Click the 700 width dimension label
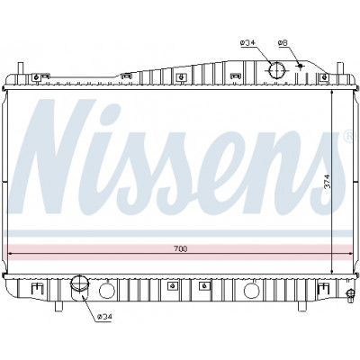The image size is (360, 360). point(180,248)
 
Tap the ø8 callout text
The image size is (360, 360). point(283,43)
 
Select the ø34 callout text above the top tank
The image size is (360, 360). point(247,43)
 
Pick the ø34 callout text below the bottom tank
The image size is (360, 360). point(104,317)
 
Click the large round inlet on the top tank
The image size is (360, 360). point(276,70)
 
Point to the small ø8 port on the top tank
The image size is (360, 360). point(300,66)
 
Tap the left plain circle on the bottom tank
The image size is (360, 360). point(107,291)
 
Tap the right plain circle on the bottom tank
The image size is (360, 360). point(251,291)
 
